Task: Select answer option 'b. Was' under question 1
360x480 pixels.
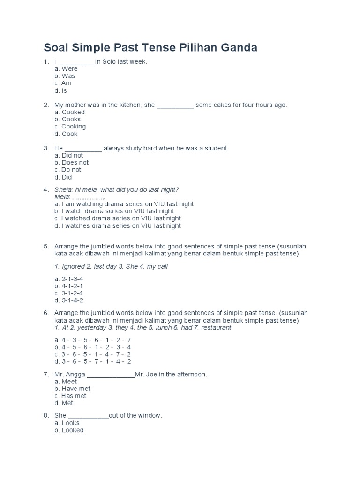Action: (65, 76)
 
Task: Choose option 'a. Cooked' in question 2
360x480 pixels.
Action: (69, 112)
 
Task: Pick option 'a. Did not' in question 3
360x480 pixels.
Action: (69, 155)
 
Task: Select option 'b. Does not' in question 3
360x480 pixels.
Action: (71, 163)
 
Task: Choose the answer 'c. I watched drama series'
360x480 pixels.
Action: (117, 218)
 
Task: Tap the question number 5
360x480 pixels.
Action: (46, 247)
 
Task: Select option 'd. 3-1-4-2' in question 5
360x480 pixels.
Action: (69, 300)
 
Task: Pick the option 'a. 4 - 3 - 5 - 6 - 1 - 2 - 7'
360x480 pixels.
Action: (93, 339)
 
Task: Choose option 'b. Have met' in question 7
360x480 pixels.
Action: (72, 389)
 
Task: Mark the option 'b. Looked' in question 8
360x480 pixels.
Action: (69, 430)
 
